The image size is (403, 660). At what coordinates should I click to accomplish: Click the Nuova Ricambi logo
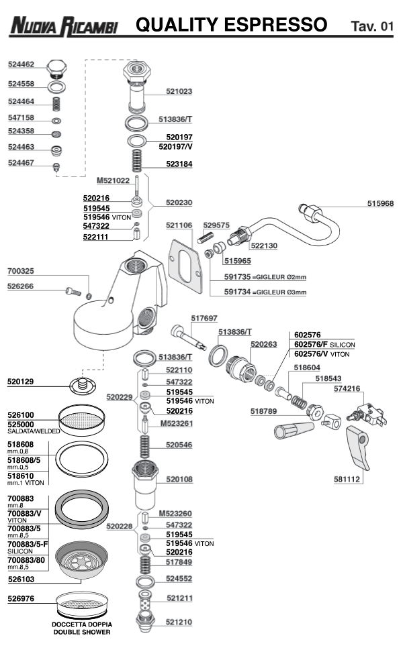(64, 26)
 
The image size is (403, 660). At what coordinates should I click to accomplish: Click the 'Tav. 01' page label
(371, 27)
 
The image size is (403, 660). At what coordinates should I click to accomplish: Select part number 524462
(21, 65)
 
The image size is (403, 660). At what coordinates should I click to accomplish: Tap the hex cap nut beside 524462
(57, 68)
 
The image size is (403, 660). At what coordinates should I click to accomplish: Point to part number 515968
(380, 203)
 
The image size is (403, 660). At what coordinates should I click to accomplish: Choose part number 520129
(21, 381)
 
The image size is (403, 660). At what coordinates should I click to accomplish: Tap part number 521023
(179, 91)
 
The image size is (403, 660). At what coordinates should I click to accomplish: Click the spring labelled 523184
(138, 161)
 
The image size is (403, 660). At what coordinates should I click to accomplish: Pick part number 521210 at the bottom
(179, 622)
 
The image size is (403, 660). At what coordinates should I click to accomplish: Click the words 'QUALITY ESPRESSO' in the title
(231, 25)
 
